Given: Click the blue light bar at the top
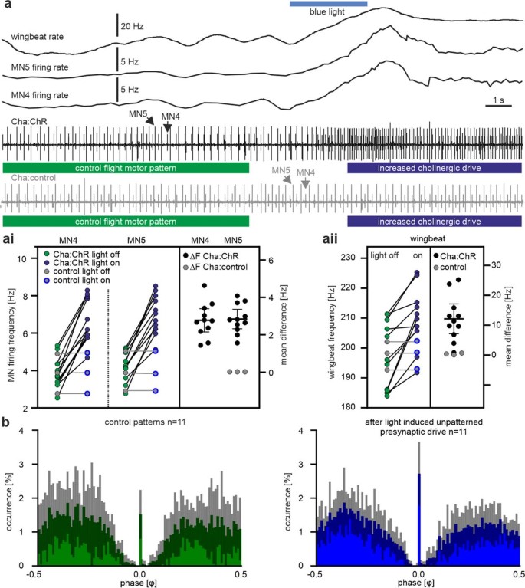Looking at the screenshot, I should click(x=328, y=4).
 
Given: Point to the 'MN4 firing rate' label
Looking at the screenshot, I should click(x=44, y=95).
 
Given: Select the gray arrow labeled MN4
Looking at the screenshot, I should click(x=305, y=183).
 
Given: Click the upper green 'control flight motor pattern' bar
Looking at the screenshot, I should click(x=126, y=167).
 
